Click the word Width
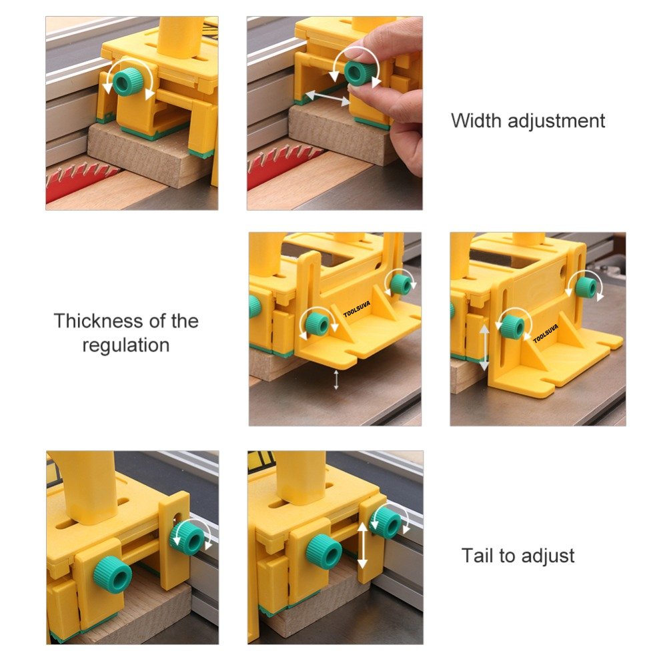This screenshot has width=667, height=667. (476, 120)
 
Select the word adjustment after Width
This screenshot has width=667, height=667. (556, 121)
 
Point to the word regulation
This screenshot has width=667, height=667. (126, 346)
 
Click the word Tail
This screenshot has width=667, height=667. (478, 555)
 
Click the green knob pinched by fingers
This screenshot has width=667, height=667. (360, 71)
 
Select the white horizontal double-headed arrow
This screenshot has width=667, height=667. (327, 97)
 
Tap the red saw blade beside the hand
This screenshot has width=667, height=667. (283, 165)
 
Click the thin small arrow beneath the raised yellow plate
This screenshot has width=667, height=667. (336, 380)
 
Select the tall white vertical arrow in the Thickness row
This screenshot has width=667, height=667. (484, 348)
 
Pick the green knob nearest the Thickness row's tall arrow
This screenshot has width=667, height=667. (512, 327)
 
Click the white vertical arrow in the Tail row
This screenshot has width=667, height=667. (362, 546)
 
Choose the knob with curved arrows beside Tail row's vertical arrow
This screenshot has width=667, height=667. (386, 522)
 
